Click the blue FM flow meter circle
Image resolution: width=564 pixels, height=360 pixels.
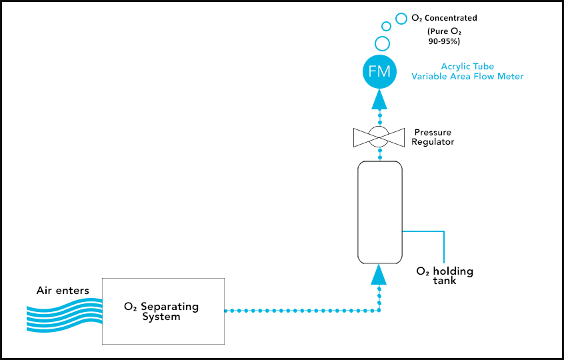pyautogui.click(x=379, y=71)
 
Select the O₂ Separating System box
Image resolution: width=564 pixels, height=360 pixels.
pyautogui.click(x=163, y=311)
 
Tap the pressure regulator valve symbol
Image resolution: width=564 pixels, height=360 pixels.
pyautogui.click(x=379, y=138)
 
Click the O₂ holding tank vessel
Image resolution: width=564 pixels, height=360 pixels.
pyautogui.click(x=379, y=212)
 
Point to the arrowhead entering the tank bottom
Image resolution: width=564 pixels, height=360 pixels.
pyautogui.click(x=379, y=273)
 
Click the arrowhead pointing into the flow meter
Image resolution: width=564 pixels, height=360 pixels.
pyautogui.click(x=379, y=99)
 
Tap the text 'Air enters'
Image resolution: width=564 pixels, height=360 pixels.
pyautogui.click(x=63, y=291)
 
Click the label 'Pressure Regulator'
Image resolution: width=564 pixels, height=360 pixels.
pyautogui.click(x=433, y=137)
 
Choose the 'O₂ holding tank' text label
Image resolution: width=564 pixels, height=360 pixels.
pyautogui.click(x=445, y=276)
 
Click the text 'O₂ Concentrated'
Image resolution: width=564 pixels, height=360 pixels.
pyautogui.click(x=444, y=18)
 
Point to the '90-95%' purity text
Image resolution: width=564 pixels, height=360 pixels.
pyautogui.click(x=444, y=41)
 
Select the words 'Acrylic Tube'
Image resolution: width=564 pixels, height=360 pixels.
pyautogui.click(x=467, y=67)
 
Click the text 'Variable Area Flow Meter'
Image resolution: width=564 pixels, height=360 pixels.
pyautogui.click(x=467, y=77)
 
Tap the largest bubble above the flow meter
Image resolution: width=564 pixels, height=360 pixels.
pyautogui.click(x=383, y=44)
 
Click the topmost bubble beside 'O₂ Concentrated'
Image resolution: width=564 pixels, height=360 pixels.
pyautogui.click(x=401, y=19)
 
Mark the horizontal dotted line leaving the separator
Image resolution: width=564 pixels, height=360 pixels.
pyautogui.click(x=300, y=311)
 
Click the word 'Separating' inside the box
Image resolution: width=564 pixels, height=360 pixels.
pyautogui.click(x=169, y=307)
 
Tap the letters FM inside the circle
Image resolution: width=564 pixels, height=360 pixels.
pyautogui.click(x=379, y=71)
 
